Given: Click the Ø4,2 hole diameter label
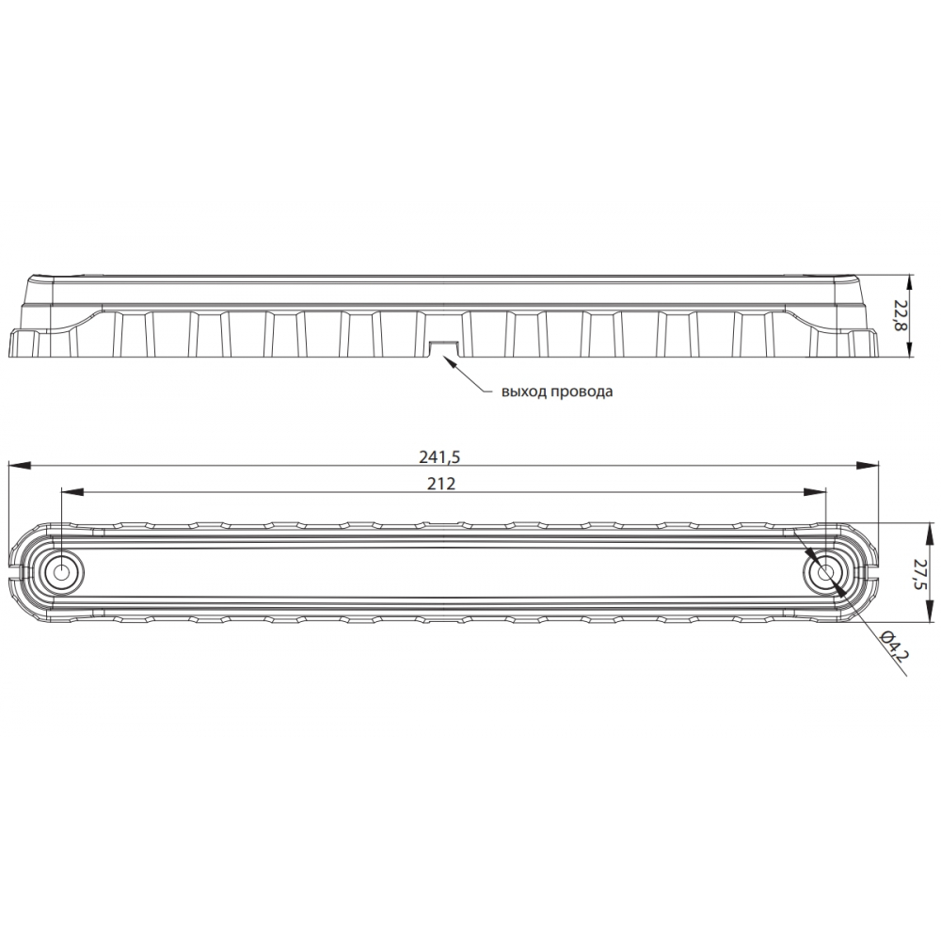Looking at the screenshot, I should coord(893,649).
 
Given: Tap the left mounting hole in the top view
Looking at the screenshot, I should coord(62,571).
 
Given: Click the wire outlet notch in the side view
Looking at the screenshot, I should coord(443,348).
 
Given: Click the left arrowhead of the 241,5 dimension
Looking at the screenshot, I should coord(13,464).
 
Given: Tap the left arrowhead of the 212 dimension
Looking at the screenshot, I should coord(67,491).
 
